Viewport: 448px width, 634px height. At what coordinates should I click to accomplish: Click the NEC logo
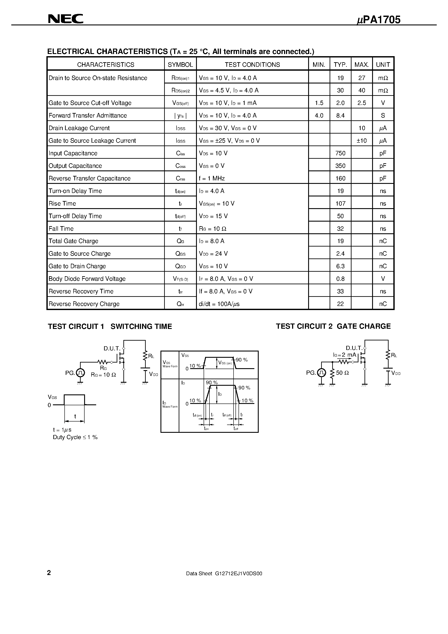(65, 19)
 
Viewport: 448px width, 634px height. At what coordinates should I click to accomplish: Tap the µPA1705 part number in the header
(378, 20)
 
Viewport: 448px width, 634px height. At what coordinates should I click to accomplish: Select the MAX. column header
(361, 65)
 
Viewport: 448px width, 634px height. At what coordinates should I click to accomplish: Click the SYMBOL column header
(180, 65)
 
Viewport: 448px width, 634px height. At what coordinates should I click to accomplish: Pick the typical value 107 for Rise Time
(340, 204)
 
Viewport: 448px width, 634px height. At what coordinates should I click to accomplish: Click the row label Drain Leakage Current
(79, 128)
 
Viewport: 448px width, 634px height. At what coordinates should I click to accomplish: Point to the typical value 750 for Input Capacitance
(340, 153)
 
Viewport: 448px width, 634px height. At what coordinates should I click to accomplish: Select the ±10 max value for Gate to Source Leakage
(361, 141)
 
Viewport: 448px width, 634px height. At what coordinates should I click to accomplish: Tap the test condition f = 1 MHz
(212, 178)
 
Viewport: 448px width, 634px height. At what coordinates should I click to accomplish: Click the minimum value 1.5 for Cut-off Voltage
(319, 103)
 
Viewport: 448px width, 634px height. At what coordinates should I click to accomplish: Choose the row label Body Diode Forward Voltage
(87, 279)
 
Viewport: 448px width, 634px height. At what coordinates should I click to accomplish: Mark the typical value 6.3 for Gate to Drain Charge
(340, 266)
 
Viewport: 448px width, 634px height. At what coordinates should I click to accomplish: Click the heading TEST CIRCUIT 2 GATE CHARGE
(333, 326)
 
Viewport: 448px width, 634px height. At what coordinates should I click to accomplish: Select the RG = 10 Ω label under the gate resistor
(103, 375)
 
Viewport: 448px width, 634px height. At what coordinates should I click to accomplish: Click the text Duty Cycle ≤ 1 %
(75, 437)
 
